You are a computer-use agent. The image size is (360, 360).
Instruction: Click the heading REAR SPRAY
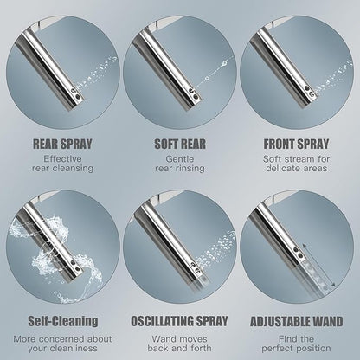click(62, 144)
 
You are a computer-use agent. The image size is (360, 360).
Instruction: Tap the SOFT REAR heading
click(180, 144)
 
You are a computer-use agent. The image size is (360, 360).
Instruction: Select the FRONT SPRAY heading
click(296, 144)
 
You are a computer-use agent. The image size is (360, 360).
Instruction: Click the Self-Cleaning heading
click(63, 321)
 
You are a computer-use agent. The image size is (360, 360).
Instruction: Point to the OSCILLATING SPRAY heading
click(179, 321)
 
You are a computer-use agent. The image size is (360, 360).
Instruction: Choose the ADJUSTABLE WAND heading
click(297, 321)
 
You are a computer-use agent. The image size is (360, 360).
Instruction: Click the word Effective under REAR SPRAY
click(62, 158)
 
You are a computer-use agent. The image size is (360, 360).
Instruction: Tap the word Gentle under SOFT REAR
click(180, 158)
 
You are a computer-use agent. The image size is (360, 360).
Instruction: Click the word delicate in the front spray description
click(282, 168)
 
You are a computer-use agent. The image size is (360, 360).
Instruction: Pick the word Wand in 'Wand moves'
click(164, 339)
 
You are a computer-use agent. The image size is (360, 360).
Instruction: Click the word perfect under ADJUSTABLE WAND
click(278, 348)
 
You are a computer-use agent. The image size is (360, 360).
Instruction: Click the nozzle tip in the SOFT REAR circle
click(194, 97)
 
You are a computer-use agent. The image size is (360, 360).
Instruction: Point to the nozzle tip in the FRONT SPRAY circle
click(310, 95)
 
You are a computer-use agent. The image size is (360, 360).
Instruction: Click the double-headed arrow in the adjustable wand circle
click(319, 266)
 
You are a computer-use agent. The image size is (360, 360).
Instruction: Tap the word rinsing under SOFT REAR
click(190, 168)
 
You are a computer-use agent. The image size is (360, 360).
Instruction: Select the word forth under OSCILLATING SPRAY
click(200, 348)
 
